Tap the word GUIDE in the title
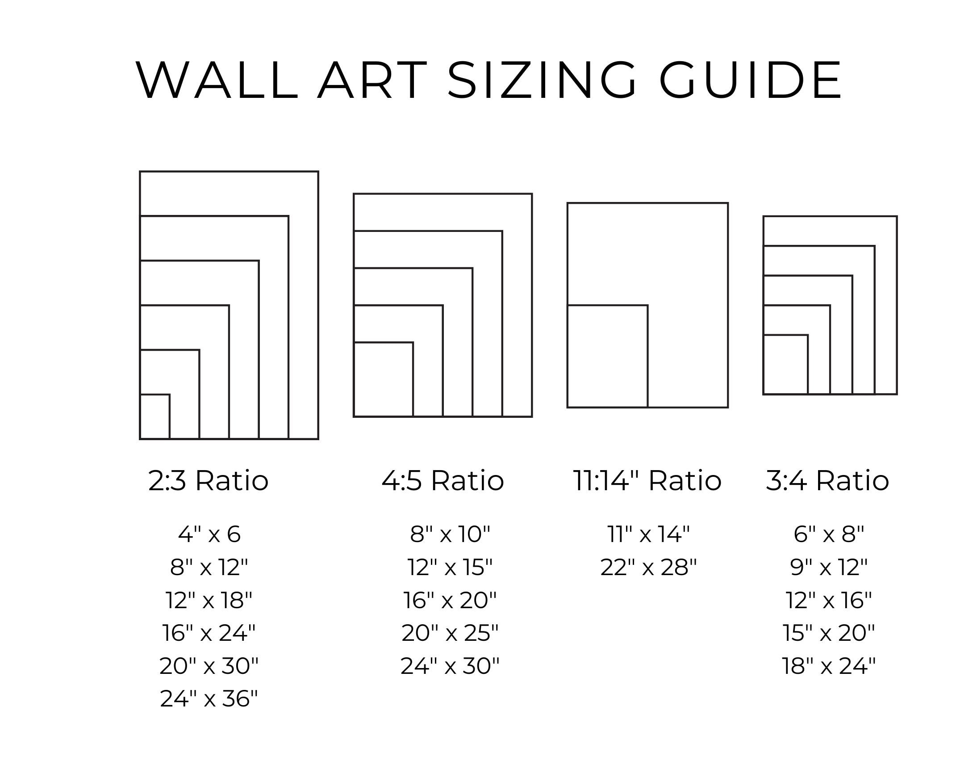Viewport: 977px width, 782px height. [751, 80]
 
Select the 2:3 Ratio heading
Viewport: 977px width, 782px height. [209, 480]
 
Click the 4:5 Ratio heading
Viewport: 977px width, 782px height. [443, 480]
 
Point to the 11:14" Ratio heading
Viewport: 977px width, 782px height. [647, 480]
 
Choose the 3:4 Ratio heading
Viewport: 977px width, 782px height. [827, 480]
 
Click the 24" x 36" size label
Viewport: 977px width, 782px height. [209, 698]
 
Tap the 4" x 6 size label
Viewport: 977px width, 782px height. [209, 534]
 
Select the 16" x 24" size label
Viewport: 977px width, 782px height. [209, 633]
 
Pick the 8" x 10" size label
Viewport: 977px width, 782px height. [450, 534]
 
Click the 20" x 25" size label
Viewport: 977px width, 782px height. [450, 633]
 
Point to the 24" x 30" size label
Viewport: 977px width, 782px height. [450, 666]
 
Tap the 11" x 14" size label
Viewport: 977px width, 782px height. [648, 534]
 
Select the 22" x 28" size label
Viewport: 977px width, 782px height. [648, 567]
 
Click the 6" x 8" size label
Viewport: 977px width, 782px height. [829, 534]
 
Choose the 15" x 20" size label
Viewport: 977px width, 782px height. [829, 633]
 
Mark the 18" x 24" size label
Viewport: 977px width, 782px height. [829, 666]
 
